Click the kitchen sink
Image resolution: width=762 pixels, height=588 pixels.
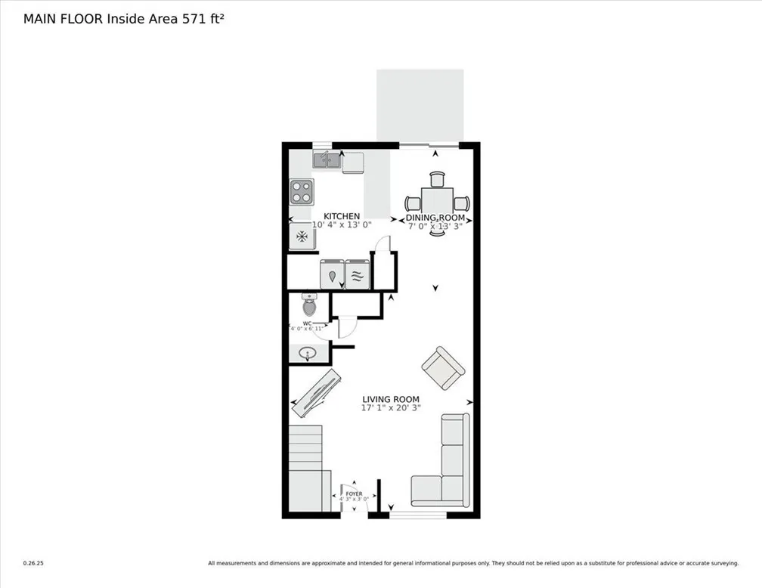[x=327, y=159]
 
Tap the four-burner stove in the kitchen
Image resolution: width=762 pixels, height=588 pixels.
[x=301, y=192]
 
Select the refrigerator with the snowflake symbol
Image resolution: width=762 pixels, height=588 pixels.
[x=301, y=237]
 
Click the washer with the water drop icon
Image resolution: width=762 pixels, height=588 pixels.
[x=332, y=274]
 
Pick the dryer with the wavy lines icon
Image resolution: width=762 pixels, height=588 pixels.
[x=358, y=274]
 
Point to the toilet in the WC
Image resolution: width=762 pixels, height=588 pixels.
[x=308, y=305]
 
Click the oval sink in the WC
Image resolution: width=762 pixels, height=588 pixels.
[x=308, y=354]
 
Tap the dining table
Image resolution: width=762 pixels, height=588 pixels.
[x=437, y=202]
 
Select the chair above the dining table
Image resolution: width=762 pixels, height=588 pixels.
[x=438, y=179]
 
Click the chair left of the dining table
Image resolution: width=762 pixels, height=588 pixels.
[x=413, y=203]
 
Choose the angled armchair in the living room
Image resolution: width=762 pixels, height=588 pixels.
[x=442, y=367]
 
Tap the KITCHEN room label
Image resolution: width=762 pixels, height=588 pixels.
[x=342, y=217]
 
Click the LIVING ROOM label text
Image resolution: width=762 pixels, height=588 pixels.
[x=390, y=400]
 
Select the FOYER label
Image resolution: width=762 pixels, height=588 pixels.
[x=354, y=494]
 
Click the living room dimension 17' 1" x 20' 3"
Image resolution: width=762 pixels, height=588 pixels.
[x=390, y=408]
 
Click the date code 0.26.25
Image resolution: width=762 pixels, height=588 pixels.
[x=33, y=563]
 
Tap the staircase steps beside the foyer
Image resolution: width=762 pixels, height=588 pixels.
[x=305, y=447]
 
